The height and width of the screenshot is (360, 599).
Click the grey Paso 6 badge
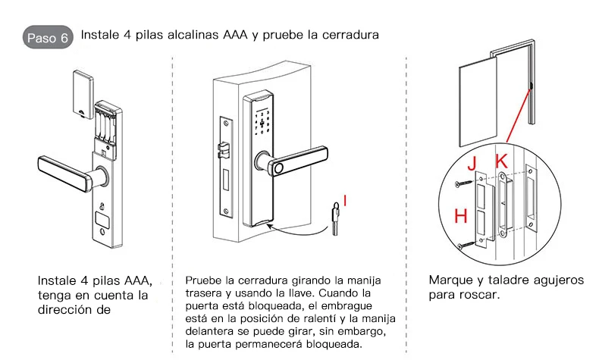48,38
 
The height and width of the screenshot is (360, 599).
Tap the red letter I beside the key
345,200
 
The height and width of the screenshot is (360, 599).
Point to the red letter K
500,161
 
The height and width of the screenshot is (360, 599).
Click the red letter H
460,216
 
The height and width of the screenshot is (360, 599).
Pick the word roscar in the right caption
480,294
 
